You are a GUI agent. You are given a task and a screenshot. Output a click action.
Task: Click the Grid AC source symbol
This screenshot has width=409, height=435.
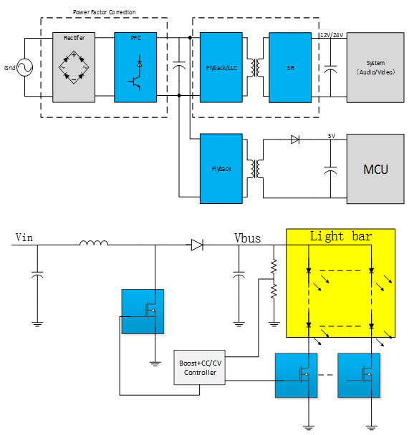pyautogui.click(x=24, y=67)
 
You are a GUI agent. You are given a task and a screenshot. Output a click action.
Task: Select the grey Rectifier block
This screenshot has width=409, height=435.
pyautogui.click(x=74, y=67)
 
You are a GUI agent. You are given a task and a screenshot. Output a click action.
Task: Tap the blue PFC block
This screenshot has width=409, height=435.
pyautogui.click(x=135, y=67)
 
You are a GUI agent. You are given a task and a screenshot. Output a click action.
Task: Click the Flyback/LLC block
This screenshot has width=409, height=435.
pyautogui.click(x=221, y=67)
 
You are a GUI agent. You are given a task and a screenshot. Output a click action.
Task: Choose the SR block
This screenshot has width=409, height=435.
pyautogui.click(x=290, y=67)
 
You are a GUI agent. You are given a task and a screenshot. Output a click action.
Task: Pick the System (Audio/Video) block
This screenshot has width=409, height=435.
pyautogui.click(x=375, y=67)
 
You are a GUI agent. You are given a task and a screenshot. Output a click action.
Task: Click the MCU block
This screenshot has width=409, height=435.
pyautogui.click(x=375, y=169)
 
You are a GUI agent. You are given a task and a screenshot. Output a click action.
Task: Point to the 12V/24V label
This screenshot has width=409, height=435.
pyautogui.click(x=332, y=35)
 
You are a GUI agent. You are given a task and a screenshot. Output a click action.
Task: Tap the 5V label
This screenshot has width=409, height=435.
pyautogui.click(x=332, y=136)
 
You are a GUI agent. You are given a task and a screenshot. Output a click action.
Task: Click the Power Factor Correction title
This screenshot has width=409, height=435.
pyautogui.click(x=105, y=12)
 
